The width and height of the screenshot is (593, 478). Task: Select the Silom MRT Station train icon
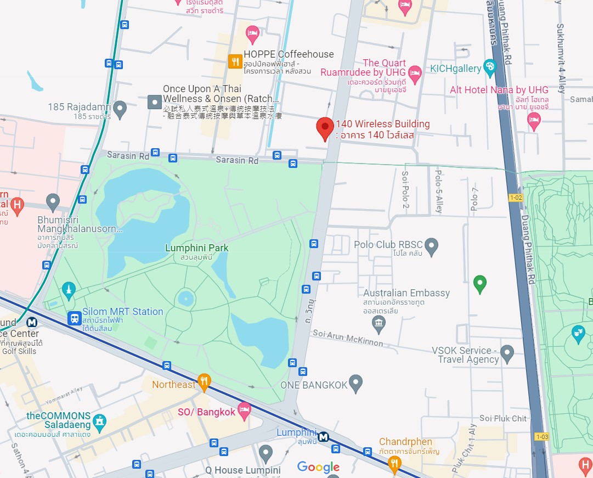74,318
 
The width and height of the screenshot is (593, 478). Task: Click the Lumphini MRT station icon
324,437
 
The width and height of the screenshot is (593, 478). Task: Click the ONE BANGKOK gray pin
356,383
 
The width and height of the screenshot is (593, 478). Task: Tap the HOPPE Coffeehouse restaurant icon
235,61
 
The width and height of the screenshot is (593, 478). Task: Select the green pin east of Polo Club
480,284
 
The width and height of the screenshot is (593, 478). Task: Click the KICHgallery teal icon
489,68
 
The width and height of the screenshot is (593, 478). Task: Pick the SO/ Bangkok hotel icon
244,410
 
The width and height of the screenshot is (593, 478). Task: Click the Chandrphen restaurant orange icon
394,464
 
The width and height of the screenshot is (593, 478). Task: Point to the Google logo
318,467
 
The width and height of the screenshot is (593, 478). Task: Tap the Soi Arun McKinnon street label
348,338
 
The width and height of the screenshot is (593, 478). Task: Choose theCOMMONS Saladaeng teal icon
99,421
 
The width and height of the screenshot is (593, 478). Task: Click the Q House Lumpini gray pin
266,453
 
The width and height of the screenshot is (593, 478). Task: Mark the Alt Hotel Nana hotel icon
534,121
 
